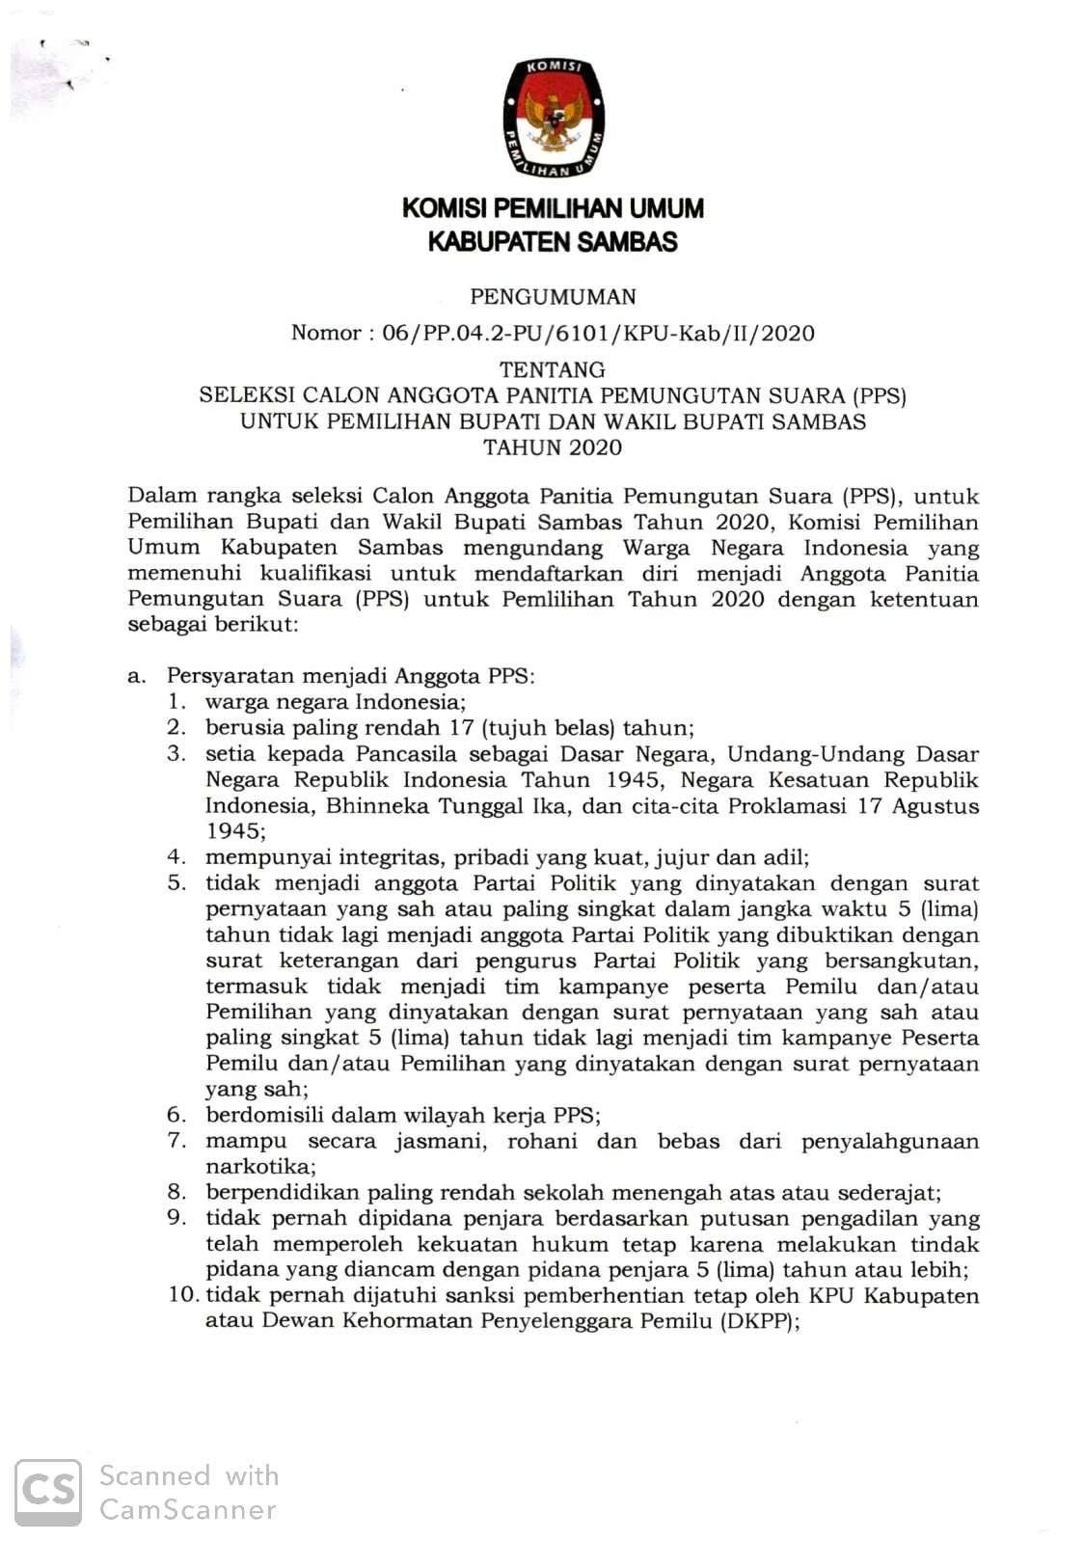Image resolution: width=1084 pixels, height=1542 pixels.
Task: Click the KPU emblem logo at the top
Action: pos(553,119)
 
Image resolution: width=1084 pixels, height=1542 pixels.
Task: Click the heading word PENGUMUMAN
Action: pos(553,297)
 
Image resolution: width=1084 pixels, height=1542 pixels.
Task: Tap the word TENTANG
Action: pos(553,369)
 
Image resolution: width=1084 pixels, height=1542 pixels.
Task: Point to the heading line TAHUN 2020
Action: pos(553,447)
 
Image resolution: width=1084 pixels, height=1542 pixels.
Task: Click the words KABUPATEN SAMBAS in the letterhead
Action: pos(553,242)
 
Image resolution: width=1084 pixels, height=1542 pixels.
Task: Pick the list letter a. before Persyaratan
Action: pos(136,676)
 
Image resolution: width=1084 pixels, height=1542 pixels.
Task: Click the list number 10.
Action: pos(184,1295)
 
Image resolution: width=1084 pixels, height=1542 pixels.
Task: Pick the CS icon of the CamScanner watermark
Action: pos(48,1492)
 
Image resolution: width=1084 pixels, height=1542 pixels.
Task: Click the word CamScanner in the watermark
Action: pos(188,1509)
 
